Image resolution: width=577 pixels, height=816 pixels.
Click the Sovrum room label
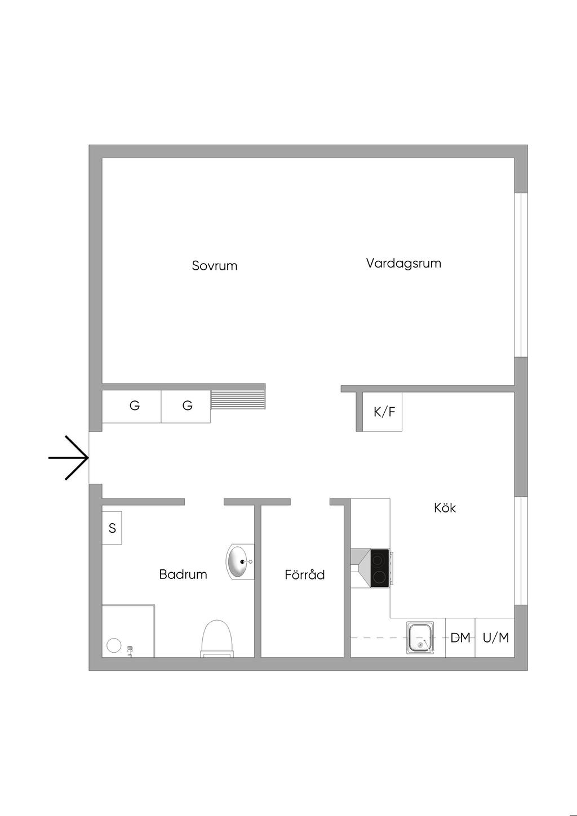pyautogui.click(x=214, y=266)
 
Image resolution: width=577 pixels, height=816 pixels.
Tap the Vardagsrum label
pyautogui.click(x=403, y=263)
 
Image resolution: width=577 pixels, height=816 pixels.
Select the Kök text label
pyautogui.click(x=445, y=508)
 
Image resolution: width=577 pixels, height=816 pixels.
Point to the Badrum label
pyautogui.click(x=183, y=574)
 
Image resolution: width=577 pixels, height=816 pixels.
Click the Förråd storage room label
pyautogui.click(x=304, y=575)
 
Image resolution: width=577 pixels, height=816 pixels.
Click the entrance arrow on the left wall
pyautogui.click(x=69, y=458)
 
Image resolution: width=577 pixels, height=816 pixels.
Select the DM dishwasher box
pyautogui.click(x=460, y=638)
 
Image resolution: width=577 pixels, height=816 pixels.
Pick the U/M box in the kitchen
pyautogui.click(x=495, y=638)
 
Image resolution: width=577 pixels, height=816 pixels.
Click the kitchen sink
pyautogui.click(x=420, y=638)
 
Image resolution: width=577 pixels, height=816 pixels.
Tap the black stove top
pyautogui.click(x=380, y=568)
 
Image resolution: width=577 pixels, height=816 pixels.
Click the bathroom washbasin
pyautogui.click(x=239, y=561)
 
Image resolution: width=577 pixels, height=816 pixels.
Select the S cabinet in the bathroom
pyautogui.click(x=112, y=528)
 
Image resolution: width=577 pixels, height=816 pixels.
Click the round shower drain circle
pyautogui.click(x=114, y=645)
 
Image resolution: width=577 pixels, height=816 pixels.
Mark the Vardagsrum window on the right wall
pyautogui.click(x=521, y=275)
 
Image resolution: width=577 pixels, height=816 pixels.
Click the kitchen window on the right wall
pyautogui.click(x=521, y=550)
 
